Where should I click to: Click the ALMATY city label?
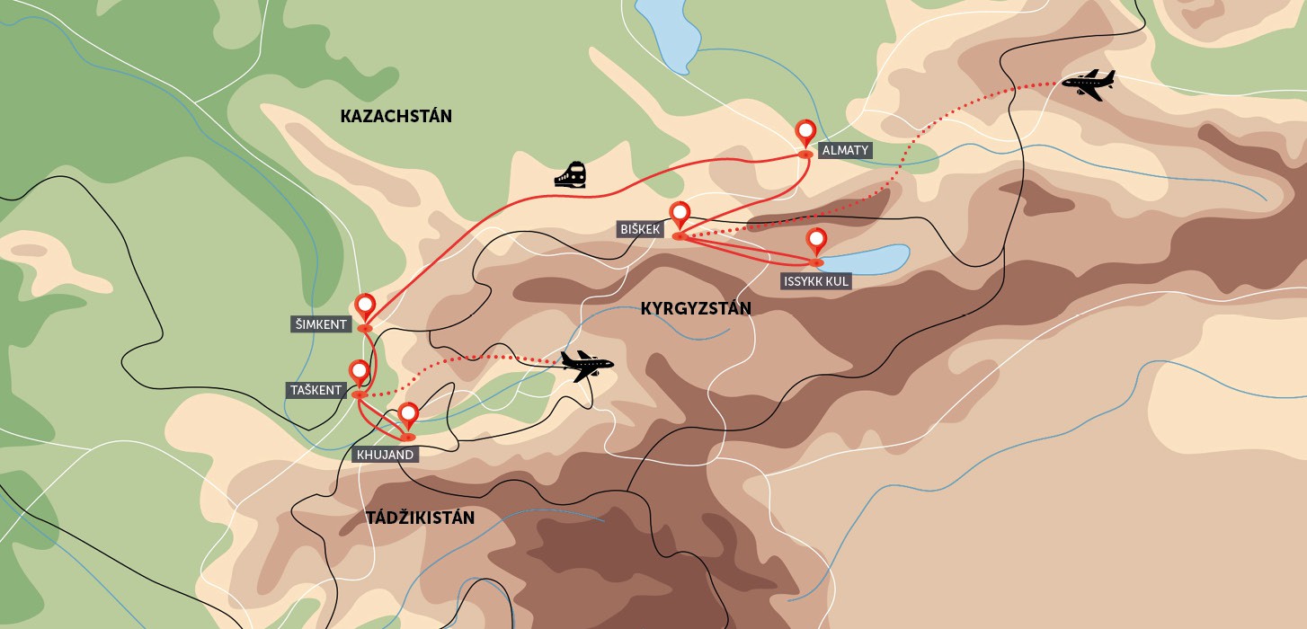(845, 150)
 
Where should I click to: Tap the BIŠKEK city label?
(640, 229)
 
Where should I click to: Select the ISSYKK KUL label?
(815, 281)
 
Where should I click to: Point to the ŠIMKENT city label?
(321, 324)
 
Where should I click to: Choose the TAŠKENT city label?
(316, 390)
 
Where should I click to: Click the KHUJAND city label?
(385, 455)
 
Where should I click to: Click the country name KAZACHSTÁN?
(396, 116)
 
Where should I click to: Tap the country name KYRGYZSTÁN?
(695, 309)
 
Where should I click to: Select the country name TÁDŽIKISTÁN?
(420, 518)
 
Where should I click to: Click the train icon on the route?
(571, 174)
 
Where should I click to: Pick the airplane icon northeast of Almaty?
(1088, 84)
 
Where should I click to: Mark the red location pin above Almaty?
(806, 133)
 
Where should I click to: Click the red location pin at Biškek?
(680, 215)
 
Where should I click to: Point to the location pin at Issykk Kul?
(816, 242)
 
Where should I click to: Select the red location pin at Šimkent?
(365, 306)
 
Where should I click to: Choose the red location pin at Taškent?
(359, 372)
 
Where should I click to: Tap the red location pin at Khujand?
(408, 415)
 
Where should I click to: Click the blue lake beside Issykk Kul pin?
(867, 259)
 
